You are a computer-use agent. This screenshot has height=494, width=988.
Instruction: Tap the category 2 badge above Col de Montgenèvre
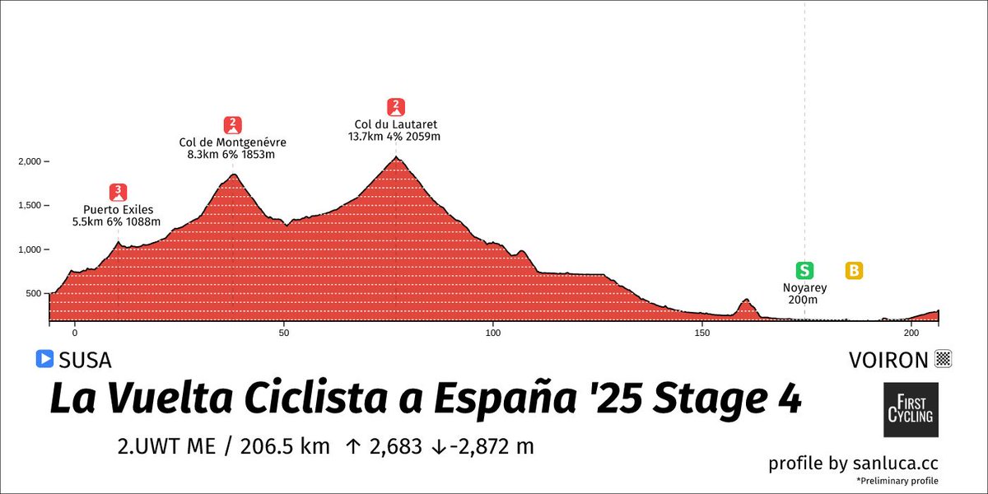[x=234, y=124]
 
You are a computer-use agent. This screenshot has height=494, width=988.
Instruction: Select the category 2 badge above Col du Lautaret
[x=396, y=105]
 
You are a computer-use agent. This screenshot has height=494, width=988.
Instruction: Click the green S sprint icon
[x=804, y=270]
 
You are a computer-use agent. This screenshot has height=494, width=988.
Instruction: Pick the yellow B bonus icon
[x=854, y=270]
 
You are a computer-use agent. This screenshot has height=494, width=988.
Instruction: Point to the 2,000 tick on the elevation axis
[x=30, y=161]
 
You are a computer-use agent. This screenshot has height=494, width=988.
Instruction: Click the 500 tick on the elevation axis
[x=35, y=294]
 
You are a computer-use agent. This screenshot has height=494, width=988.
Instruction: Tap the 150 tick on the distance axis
[x=702, y=333]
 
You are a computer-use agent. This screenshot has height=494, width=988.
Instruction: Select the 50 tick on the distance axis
[x=284, y=333]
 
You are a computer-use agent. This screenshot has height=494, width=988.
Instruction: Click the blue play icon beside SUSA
[x=44, y=359]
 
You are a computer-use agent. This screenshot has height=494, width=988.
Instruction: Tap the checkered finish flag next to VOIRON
[x=944, y=359]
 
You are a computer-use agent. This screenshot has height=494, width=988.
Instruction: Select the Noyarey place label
[x=804, y=288]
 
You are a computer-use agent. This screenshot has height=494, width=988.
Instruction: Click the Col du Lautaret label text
[x=396, y=125]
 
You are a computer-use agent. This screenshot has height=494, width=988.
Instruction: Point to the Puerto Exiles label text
[x=119, y=210]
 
